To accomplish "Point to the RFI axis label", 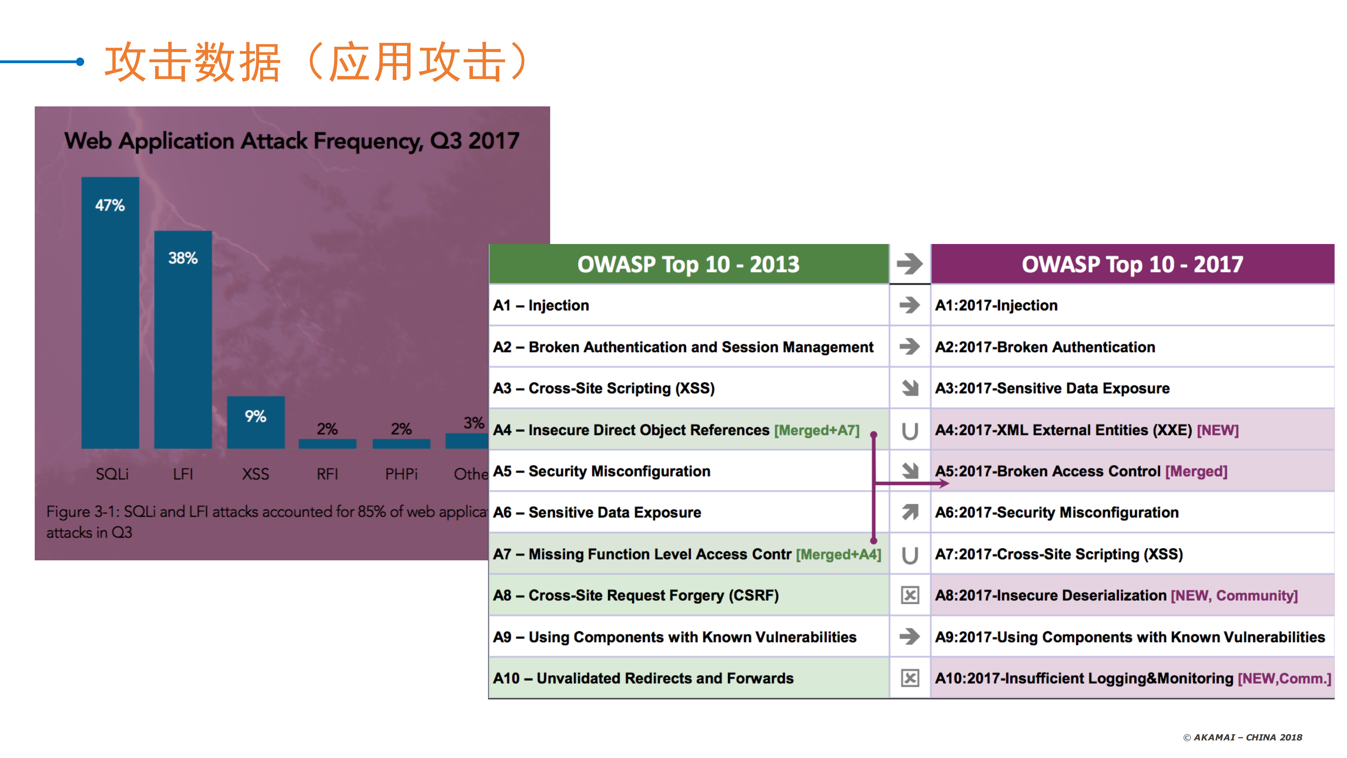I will click(x=327, y=474).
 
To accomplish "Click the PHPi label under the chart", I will click(x=401, y=474).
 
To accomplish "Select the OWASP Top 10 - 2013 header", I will click(x=688, y=264).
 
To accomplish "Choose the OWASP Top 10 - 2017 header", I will click(x=1132, y=264).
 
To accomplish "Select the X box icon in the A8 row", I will click(x=910, y=595).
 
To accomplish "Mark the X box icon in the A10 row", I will click(x=910, y=679).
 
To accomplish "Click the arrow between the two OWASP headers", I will click(x=910, y=264).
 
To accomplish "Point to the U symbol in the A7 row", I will click(x=910, y=554).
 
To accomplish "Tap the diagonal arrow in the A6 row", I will click(x=910, y=512).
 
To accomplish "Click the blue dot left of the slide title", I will click(x=80, y=62).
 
